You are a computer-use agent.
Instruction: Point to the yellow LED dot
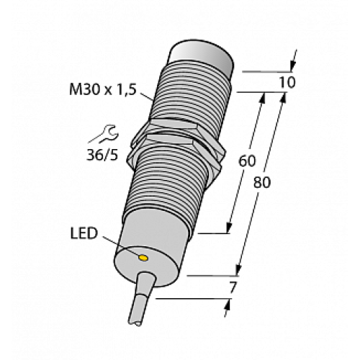pos(144,256)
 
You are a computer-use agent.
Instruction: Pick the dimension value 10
pos(286,82)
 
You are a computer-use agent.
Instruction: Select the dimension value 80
pos(263,182)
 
